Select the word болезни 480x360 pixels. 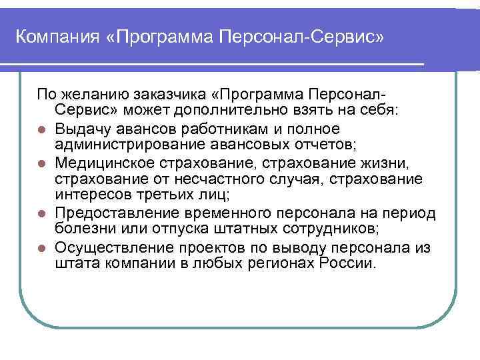(x=84, y=230)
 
